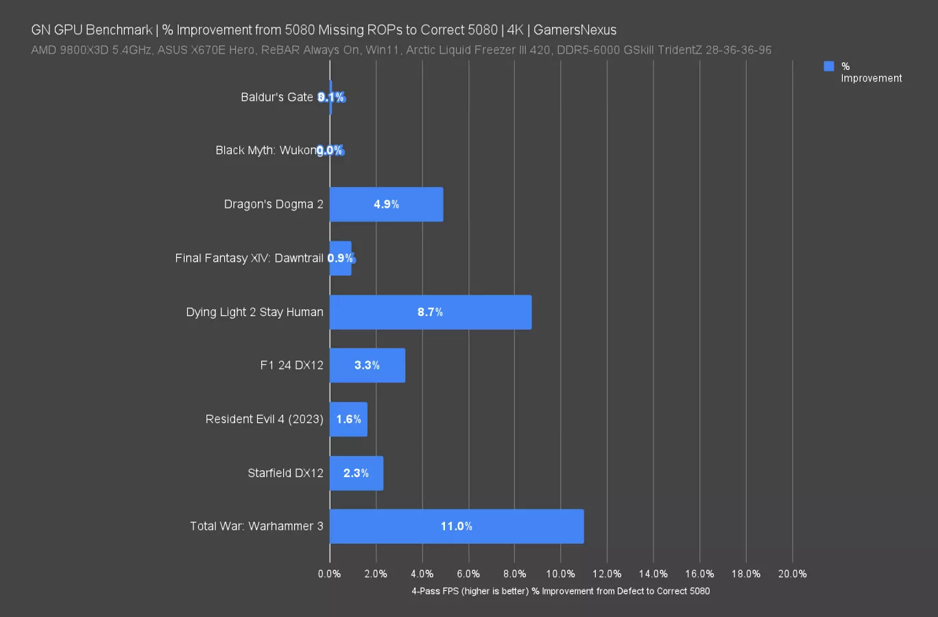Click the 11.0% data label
tap(456, 527)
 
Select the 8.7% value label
tap(430, 312)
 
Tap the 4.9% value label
tap(386, 204)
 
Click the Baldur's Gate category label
tap(276, 97)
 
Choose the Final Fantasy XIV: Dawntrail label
tap(249, 258)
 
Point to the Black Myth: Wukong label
tap(266, 150)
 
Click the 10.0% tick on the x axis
tap(560, 574)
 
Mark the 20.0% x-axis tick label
tap(792, 574)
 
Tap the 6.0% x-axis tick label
tap(468, 574)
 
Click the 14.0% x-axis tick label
tap(653, 574)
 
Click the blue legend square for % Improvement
tap(829, 66)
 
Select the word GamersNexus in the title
tap(575, 30)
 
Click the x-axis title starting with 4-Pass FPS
tap(560, 591)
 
